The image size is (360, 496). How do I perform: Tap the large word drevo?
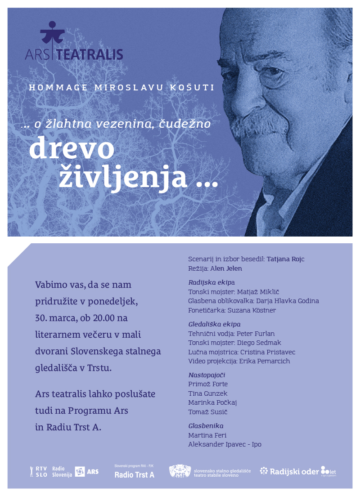[72, 150]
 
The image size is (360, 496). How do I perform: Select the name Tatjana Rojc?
[286, 259]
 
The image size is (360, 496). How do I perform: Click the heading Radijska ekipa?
[211, 282]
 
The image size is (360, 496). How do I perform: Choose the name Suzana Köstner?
[252, 310]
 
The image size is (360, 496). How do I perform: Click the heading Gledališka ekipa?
[214, 324]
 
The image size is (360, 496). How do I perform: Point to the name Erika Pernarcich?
[264, 361]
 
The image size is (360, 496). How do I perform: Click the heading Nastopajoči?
[207, 375]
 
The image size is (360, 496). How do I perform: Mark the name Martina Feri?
[207, 435]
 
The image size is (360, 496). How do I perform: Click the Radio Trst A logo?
[134, 473]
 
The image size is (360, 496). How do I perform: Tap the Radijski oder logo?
[298, 471]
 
